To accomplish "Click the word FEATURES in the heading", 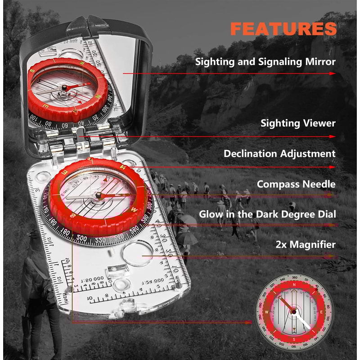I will click(x=283, y=28).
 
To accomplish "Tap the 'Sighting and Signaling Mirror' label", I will click(x=265, y=62).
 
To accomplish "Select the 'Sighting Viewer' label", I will click(x=298, y=122).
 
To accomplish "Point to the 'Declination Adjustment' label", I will click(x=279, y=153).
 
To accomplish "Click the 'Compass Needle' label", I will click(x=296, y=184).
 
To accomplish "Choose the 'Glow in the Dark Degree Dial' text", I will click(x=267, y=214).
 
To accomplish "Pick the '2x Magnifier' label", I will click(x=306, y=245).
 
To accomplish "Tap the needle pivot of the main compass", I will click(x=99, y=195).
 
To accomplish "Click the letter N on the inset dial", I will click(x=294, y=284).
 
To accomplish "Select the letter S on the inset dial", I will click(x=294, y=338).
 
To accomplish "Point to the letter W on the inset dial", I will click(x=267, y=311).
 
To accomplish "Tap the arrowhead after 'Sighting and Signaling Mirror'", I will click(x=333, y=73).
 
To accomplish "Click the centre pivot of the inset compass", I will click(x=294, y=311).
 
